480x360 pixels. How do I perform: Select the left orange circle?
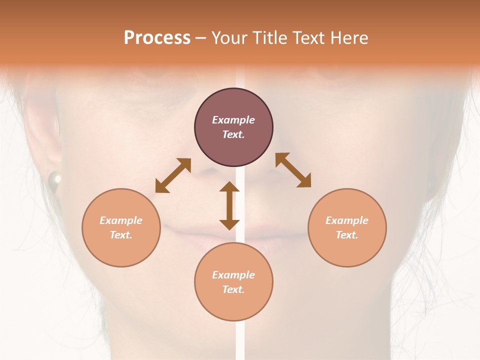point(121,227)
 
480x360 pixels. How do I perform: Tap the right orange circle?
point(347,227)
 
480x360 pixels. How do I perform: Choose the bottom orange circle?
point(233,282)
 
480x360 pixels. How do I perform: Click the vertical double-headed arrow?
point(229,205)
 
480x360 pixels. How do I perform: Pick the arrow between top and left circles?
point(173,175)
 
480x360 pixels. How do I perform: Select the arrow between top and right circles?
point(293,170)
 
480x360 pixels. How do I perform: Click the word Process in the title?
point(157,37)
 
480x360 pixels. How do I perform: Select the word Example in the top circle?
point(233,120)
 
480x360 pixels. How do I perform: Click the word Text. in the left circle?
point(121,235)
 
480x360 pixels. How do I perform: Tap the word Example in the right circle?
point(347,220)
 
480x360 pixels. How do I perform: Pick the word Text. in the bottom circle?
point(233,289)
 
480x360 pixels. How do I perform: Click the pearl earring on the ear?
point(54,178)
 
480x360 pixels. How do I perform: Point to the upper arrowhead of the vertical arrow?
point(229,187)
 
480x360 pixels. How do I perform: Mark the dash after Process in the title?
point(200,37)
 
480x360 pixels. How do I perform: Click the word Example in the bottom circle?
point(233,275)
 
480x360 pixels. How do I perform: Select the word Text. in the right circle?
point(347,235)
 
